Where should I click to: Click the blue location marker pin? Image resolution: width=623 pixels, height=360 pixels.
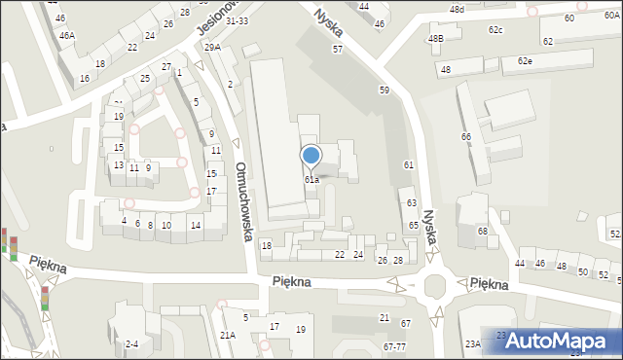(x=311, y=156)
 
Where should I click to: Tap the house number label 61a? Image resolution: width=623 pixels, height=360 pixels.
(x=311, y=180)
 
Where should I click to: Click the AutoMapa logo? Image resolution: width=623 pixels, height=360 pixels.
(x=563, y=341)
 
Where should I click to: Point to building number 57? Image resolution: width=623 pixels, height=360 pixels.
(x=337, y=49)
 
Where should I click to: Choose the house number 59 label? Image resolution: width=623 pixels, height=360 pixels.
(x=385, y=90)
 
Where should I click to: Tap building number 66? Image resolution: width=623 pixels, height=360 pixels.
(x=466, y=137)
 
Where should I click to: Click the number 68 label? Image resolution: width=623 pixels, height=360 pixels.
(x=482, y=231)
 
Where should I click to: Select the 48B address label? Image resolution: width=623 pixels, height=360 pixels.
(x=435, y=39)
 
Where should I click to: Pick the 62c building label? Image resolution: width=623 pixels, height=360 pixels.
(x=495, y=30)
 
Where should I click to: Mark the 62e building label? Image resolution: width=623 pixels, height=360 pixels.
(x=525, y=61)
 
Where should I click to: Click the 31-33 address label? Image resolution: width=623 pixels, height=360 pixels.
(x=237, y=20)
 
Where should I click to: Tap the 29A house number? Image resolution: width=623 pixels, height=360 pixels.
(x=212, y=47)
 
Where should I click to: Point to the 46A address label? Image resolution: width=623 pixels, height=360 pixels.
(x=66, y=35)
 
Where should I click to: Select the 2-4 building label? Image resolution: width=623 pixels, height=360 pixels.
(x=132, y=343)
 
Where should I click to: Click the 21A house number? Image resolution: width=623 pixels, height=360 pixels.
(x=227, y=335)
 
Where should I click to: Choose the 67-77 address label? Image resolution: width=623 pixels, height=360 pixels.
(x=395, y=346)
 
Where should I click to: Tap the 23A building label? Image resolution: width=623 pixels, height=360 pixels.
(x=472, y=343)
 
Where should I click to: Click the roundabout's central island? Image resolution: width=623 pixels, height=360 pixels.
(x=435, y=286)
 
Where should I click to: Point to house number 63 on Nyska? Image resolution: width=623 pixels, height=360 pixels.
(x=412, y=202)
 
